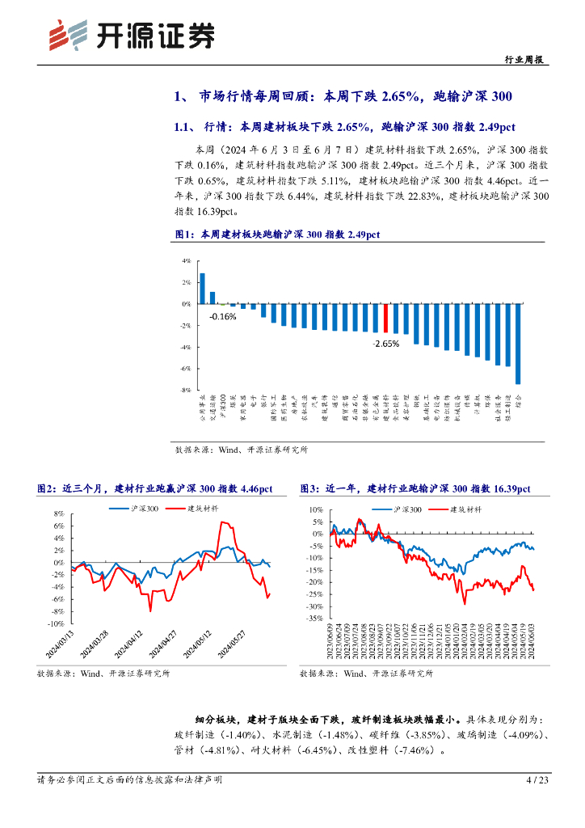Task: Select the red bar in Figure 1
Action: coord(386,318)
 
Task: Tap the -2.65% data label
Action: coord(386,344)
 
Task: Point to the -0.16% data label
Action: coord(222,316)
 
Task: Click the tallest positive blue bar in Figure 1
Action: coord(202,289)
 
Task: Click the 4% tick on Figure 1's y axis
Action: coord(186,261)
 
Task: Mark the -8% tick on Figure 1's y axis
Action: coord(186,390)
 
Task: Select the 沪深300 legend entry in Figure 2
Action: coord(143,508)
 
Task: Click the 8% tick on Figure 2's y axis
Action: coord(58,513)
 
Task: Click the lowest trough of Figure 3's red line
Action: coord(464,603)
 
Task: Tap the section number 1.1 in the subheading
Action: coord(183,126)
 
